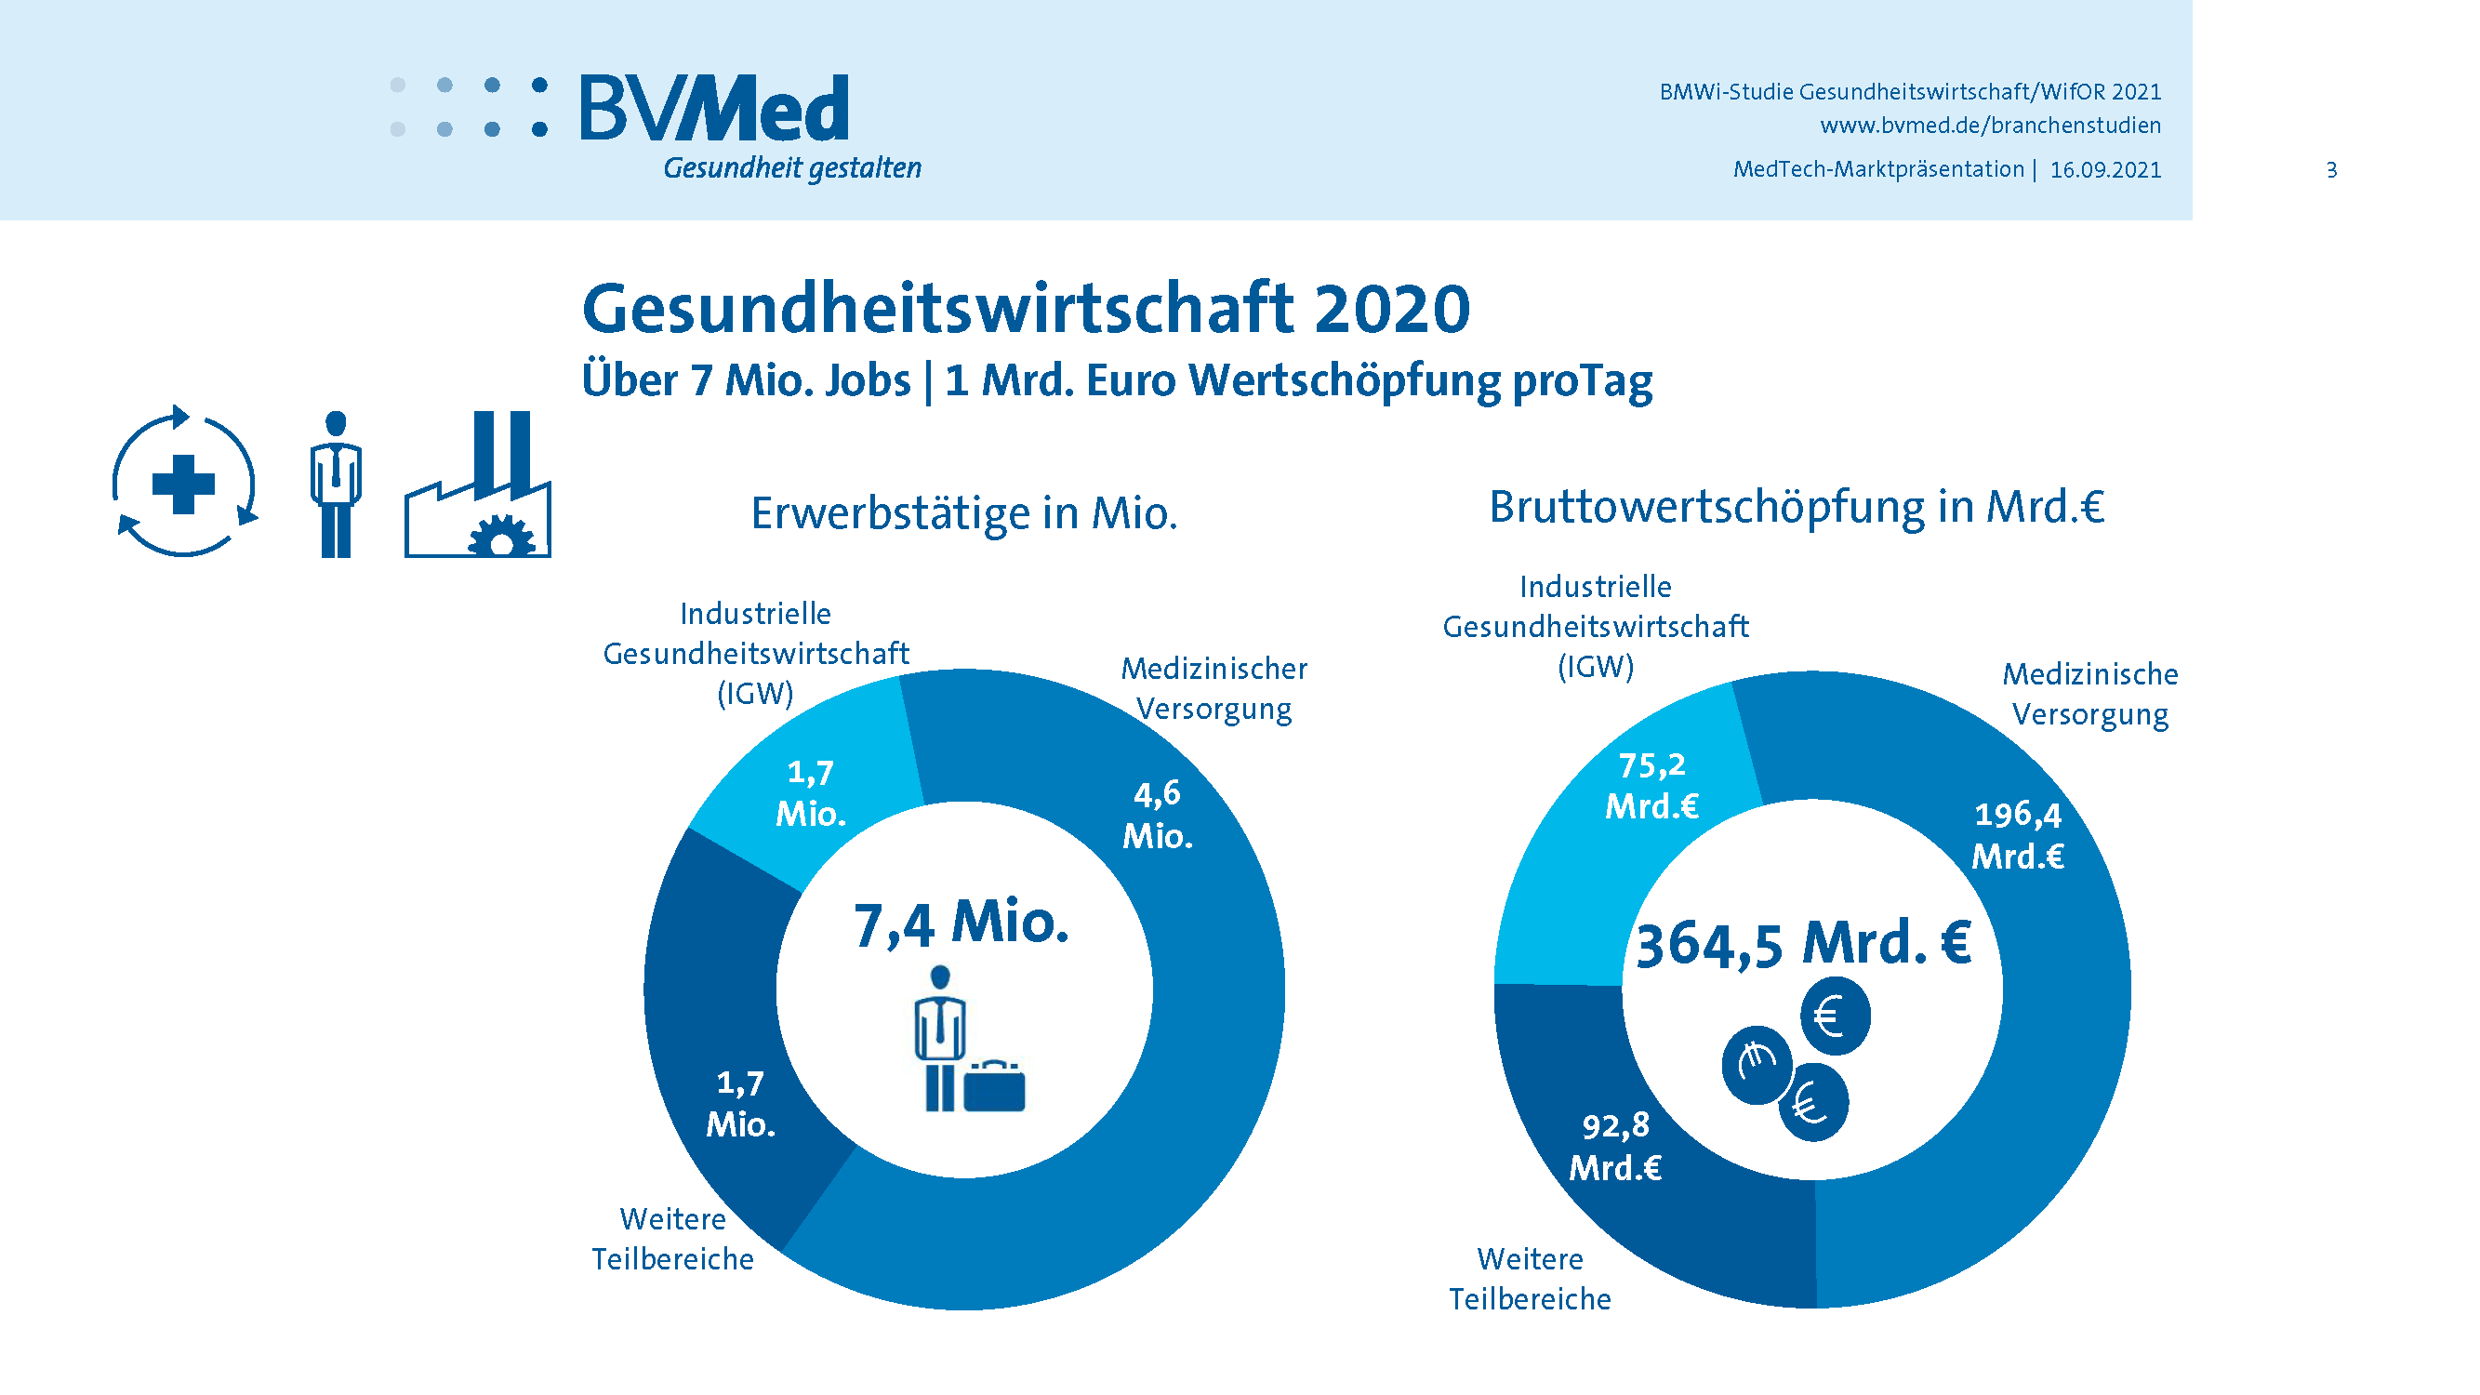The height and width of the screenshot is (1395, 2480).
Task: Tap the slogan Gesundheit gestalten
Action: click(791, 168)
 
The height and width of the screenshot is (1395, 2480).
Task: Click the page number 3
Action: click(2331, 170)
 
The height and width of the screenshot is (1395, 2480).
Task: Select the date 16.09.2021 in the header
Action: click(2104, 170)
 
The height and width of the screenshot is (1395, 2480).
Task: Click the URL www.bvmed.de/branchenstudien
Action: click(1989, 126)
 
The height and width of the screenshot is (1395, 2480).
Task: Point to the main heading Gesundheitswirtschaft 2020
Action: click(1026, 309)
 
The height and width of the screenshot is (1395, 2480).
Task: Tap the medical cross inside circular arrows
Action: click(183, 483)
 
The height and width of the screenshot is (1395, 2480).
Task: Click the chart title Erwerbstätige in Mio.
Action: click(963, 513)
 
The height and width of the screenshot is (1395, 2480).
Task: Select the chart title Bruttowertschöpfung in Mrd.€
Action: click(1797, 507)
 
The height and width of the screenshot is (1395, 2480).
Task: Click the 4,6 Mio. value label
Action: click(1157, 815)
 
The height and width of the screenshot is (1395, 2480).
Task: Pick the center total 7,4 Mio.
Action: click(961, 923)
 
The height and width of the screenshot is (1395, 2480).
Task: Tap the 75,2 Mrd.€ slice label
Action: click(1651, 786)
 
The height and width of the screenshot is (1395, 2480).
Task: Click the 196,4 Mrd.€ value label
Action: click(2017, 835)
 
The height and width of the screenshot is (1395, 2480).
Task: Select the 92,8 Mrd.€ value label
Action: click(1615, 1146)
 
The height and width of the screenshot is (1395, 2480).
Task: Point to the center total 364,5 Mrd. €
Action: click(1803, 942)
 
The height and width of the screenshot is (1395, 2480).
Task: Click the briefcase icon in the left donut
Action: click(994, 1087)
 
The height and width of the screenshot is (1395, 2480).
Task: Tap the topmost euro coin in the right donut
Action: click(1835, 1016)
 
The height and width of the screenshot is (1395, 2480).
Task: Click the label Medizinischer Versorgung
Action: click(1213, 688)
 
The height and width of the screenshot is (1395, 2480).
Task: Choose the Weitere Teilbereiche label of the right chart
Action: click(1530, 1279)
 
